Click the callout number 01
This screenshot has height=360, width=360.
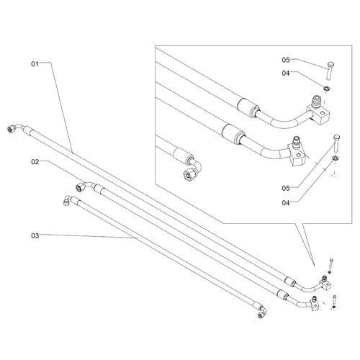pyautogui.click(x=35, y=64)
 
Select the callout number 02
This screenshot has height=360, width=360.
pyautogui.click(x=35, y=162)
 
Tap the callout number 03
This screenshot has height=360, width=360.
pyautogui.click(x=35, y=235)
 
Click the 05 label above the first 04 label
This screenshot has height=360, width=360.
pyautogui.click(x=286, y=60)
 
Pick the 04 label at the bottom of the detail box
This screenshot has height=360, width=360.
pyautogui.click(x=286, y=203)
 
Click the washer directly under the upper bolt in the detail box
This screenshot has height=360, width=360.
pyautogui.click(x=327, y=89)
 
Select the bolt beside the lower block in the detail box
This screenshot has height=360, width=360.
pyautogui.click(x=336, y=143)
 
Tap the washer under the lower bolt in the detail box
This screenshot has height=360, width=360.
pyautogui.click(x=335, y=158)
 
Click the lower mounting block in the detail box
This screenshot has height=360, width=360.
pyautogui.click(x=297, y=153)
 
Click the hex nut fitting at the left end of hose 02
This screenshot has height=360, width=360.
pyautogui.click(x=80, y=187)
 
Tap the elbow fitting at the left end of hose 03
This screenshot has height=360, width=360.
pyautogui.click(x=68, y=200)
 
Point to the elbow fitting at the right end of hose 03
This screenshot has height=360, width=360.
pyautogui.click(x=262, y=312)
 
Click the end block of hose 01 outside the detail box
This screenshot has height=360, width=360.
pyautogui.click(x=326, y=284)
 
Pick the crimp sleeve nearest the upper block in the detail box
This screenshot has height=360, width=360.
pyautogui.click(x=248, y=107)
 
